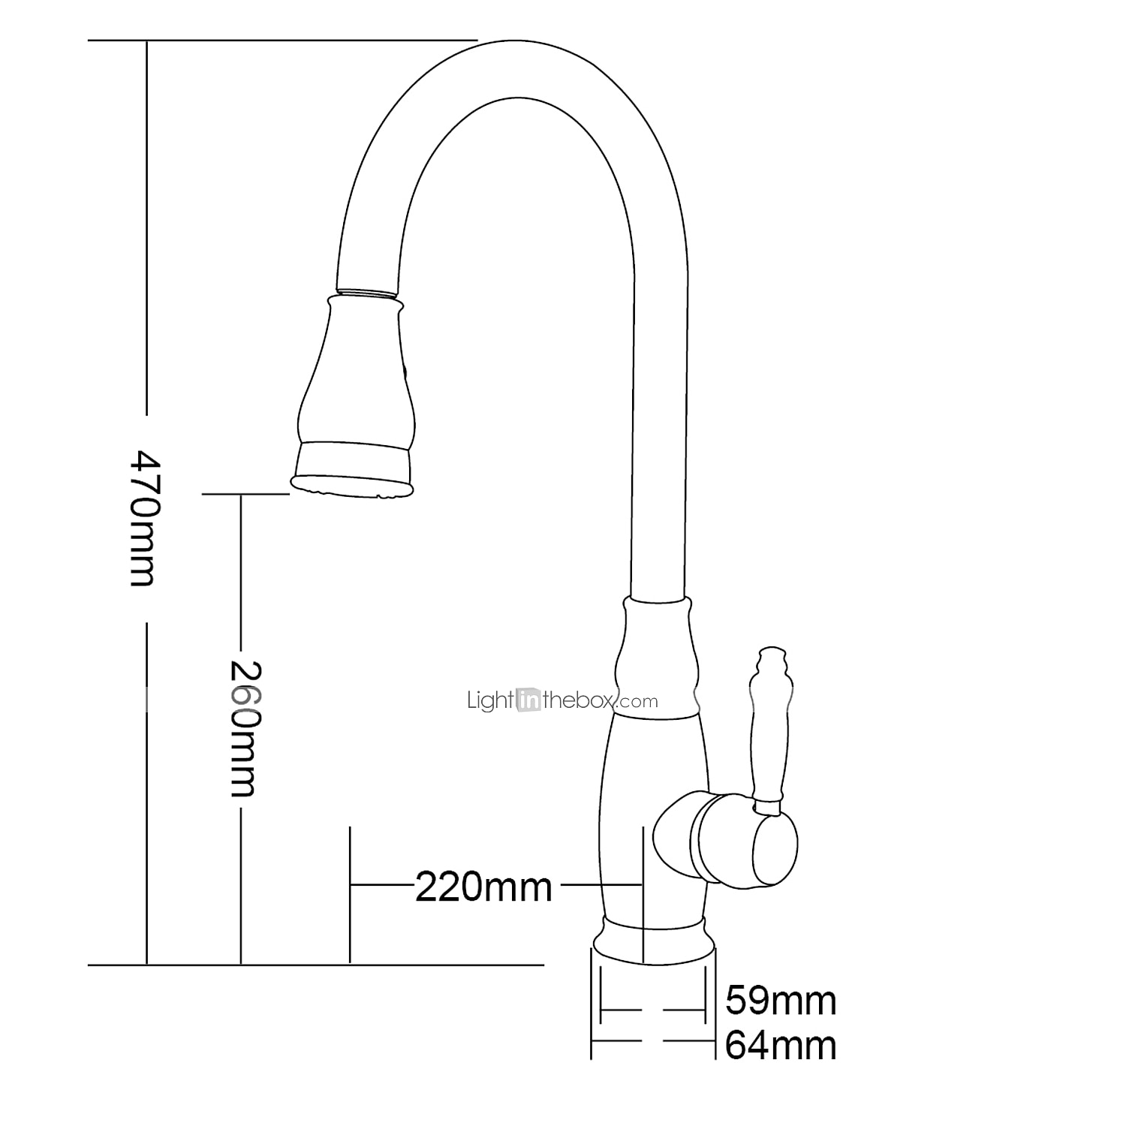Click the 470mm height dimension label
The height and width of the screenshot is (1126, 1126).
pyautogui.click(x=143, y=518)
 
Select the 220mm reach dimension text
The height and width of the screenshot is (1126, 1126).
pyautogui.click(x=483, y=887)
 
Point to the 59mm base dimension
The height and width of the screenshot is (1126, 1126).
pyautogui.click(x=780, y=1001)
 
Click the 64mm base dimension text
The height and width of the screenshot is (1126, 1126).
pyautogui.click(x=780, y=1046)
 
